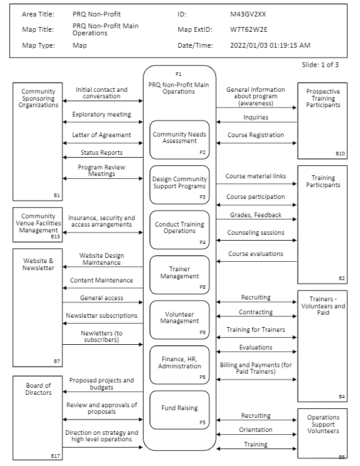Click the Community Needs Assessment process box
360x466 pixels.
[179, 139]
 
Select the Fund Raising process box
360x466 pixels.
[179, 410]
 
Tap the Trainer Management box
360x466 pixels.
[179, 274]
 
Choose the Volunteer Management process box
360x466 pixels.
[179, 319]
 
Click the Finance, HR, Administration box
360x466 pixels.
[179, 364]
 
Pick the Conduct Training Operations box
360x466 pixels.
[179, 229]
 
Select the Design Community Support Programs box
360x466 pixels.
[179, 184]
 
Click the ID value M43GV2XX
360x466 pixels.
[252, 14]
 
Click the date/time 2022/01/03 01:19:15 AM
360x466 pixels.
[270, 45]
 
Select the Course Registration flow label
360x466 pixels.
[255, 135]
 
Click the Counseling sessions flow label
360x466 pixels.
[255, 232]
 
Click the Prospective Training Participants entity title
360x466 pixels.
[322, 98]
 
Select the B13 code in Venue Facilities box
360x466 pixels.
[55, 237]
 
